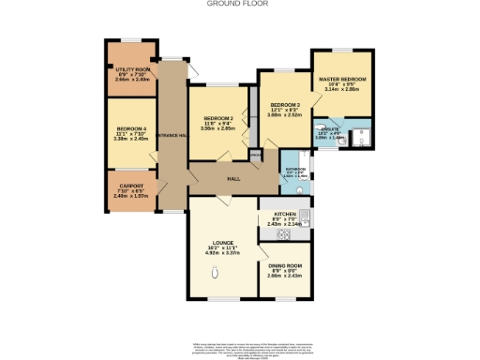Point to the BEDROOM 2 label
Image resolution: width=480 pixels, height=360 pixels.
tap(217, 118)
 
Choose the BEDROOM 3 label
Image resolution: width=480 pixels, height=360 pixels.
tap(286, 104)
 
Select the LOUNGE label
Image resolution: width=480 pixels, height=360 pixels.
tap(222, 243)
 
